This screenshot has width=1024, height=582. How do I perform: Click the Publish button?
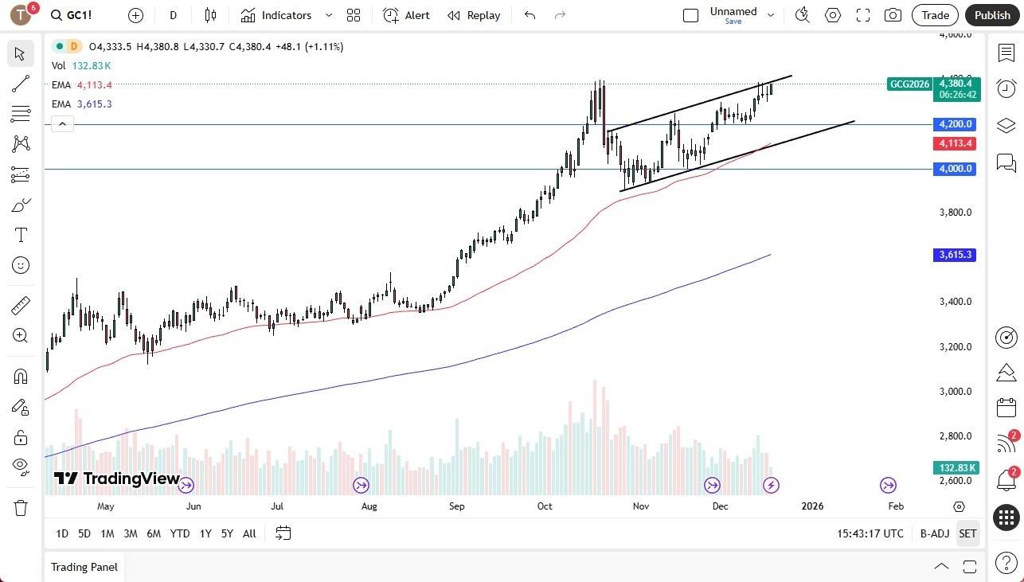click(x=992, y=15)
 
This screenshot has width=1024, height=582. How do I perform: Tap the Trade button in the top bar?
click(x=935, y=15)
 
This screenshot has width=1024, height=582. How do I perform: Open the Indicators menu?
click(x=286, y=15)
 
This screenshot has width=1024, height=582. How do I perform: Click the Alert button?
click(x=407, y=15)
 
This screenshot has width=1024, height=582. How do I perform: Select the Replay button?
click(x=474, y=15)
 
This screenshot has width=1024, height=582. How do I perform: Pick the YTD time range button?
click(x=180, y=533)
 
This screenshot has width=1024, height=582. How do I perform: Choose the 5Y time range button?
click(x=227, y=533)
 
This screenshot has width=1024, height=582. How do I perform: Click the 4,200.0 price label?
click(x=956, y=124)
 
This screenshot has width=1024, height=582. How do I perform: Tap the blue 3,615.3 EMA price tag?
click(x=956, y=255)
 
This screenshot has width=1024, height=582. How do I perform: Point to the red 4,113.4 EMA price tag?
click(x=956, y=143)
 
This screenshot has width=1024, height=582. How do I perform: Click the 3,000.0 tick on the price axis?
click(x=956, y=392)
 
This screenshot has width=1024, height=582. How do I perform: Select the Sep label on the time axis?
click(x=456, y=506)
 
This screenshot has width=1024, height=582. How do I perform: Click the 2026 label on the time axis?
click(x=812, y=506)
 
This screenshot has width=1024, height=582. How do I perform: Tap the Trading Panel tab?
click(x=84, y=567)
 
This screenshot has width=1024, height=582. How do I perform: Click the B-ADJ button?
click(x=934, y=533)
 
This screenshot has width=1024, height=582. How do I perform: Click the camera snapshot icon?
click(x=893, y=15)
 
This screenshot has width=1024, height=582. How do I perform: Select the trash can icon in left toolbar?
click(x=21, y=508)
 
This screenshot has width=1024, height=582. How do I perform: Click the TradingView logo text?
click(x=117, y=478)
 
